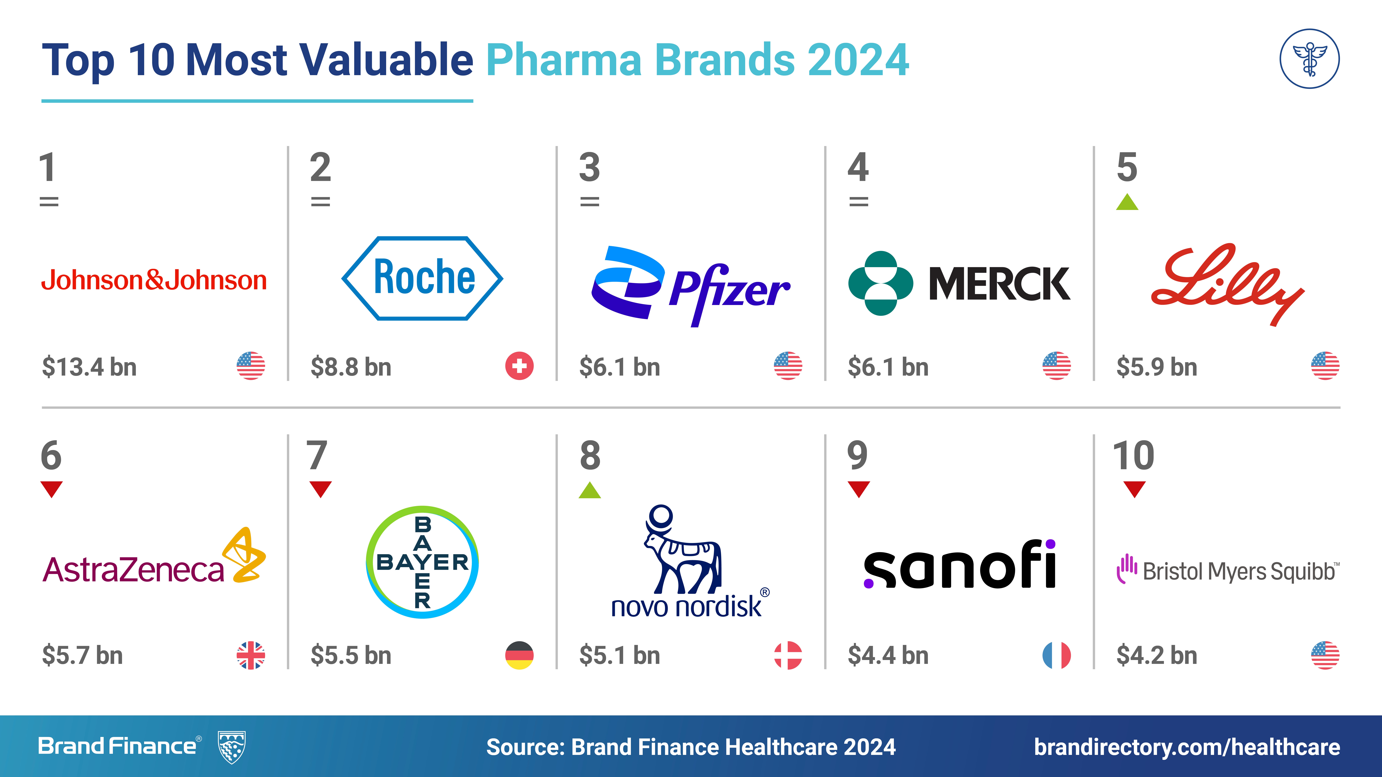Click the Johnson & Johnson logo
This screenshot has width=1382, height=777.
point(154,280)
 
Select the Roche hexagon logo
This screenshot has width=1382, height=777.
point(422,278)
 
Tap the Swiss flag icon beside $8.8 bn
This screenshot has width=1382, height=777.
point(519,366)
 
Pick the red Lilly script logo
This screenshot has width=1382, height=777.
point(1227,284)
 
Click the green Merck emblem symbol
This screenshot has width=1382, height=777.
point(880,283)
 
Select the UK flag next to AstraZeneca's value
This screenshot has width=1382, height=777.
point(251,655)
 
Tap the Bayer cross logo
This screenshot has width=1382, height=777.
point(422,562)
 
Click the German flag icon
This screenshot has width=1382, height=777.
point(519,655)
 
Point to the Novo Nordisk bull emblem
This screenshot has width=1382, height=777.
point(682,549)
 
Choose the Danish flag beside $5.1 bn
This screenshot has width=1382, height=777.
point(788,655)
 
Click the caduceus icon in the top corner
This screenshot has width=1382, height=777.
point(1310,59)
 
